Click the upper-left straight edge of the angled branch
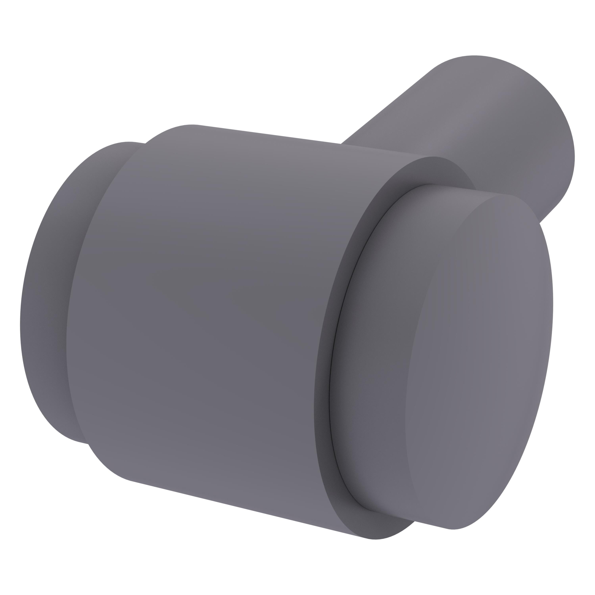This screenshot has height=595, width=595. (385, 108)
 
